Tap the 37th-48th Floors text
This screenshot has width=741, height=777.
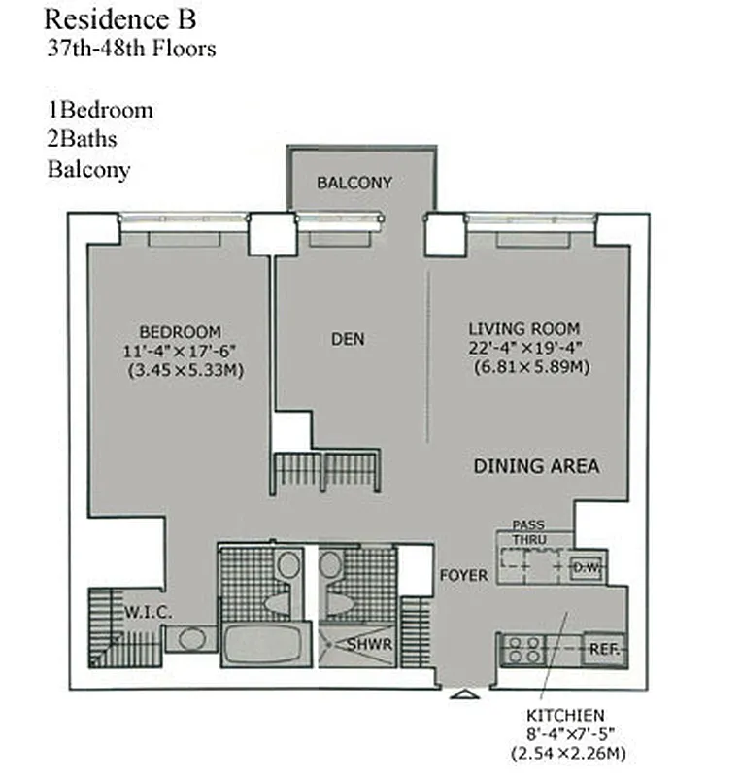[x=131, y=48]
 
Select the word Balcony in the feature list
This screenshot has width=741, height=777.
[x=88, y=169]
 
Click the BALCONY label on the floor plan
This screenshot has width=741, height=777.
[x=354, y=183]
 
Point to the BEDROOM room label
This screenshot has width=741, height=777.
[x=180, y=331]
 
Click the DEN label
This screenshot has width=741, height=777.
[x=348, y=339]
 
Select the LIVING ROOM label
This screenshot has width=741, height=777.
[x=523, y=328]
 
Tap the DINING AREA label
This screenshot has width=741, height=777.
[x=536, y=466]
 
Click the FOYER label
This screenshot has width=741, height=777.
[x=463, y=576]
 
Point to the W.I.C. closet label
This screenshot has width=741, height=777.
[x=148, y=613]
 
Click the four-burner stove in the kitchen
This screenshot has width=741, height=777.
[x=524, y=648]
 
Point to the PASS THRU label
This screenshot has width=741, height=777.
[x=528, y=531]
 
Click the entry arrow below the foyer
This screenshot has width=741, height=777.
[x=464, y=695]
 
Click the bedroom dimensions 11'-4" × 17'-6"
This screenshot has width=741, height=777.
[x=180, y=351]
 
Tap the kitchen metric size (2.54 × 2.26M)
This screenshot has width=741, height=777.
[x=568, y=754]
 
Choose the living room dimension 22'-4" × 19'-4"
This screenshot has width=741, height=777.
[x=525, y=348]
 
